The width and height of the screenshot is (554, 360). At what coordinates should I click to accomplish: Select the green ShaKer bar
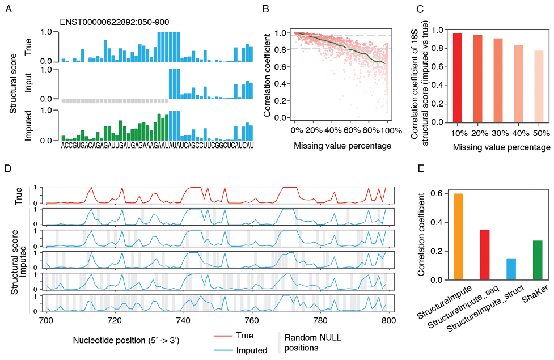pyautogui.click(x=538, y=260)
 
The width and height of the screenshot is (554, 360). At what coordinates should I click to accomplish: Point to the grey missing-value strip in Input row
pyautogui.click(x=115, y=100)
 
